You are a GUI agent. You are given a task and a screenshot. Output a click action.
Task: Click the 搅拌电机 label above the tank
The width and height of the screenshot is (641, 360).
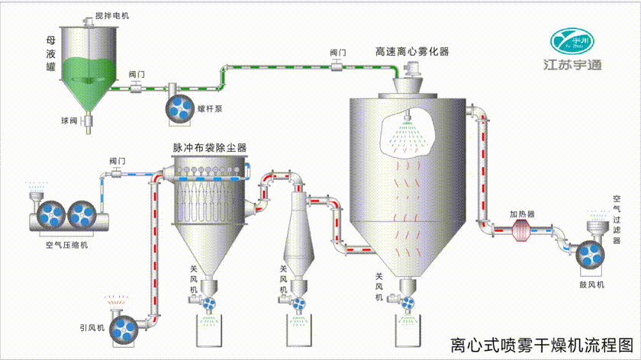[112, 16]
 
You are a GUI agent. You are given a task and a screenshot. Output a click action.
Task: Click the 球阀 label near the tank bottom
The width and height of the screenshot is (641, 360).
[70, 121]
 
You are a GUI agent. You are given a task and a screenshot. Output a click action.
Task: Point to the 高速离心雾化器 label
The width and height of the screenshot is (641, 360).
[411, 51]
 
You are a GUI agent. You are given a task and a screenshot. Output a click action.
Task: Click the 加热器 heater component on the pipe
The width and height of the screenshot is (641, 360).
[524, 228]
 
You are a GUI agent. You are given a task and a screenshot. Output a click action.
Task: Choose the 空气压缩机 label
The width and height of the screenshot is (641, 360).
[67, 245]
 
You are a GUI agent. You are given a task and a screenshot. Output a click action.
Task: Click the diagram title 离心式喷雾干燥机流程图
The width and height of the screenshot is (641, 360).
[542, 345]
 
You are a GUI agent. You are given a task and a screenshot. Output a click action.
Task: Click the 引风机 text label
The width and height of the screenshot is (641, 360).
[91, 328]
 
